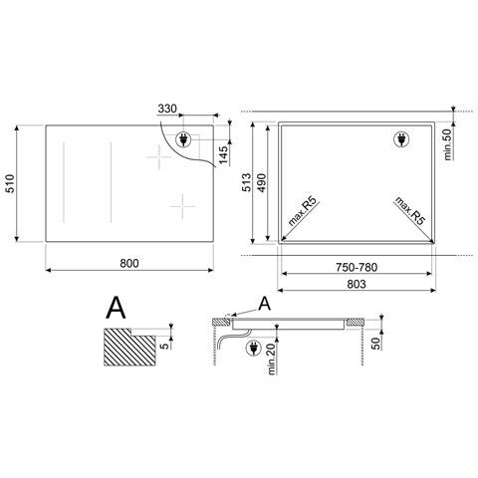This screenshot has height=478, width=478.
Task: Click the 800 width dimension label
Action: [x=129, y=263]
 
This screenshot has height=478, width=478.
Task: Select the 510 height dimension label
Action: [x=10, y=183]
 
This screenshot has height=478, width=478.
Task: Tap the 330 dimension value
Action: [x=167, y=109]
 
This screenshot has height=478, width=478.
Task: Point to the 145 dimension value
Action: [x=223, y=154]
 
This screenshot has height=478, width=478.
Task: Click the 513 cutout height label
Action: [x=247, y=182]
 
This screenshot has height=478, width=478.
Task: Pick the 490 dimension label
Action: [x=262, y=182]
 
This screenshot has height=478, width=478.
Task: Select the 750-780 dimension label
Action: [x=357, y=267]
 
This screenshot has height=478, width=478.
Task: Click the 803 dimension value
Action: [x=357, y=284]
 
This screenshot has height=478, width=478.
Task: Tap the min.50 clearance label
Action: [x=448, y=144]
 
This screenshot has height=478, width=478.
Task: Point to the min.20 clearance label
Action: [x=272, y=358]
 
